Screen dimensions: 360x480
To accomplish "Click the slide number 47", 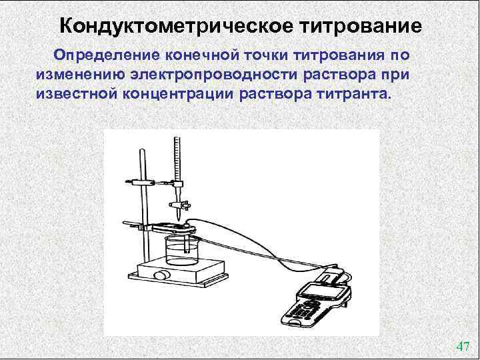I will [463, 345].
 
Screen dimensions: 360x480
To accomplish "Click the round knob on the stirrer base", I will [160, 275].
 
